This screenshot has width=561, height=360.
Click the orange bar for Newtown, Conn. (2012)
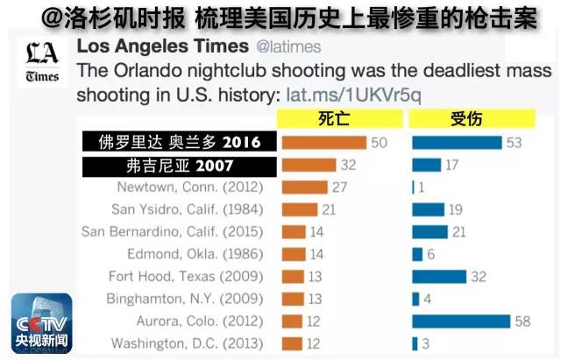pos(304,187)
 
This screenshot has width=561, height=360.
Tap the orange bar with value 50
pos(323,142)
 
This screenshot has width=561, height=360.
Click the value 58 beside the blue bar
pos(522,321)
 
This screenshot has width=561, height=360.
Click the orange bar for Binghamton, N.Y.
pos(294,299)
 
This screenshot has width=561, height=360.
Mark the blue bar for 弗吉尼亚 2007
pos(427,165)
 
